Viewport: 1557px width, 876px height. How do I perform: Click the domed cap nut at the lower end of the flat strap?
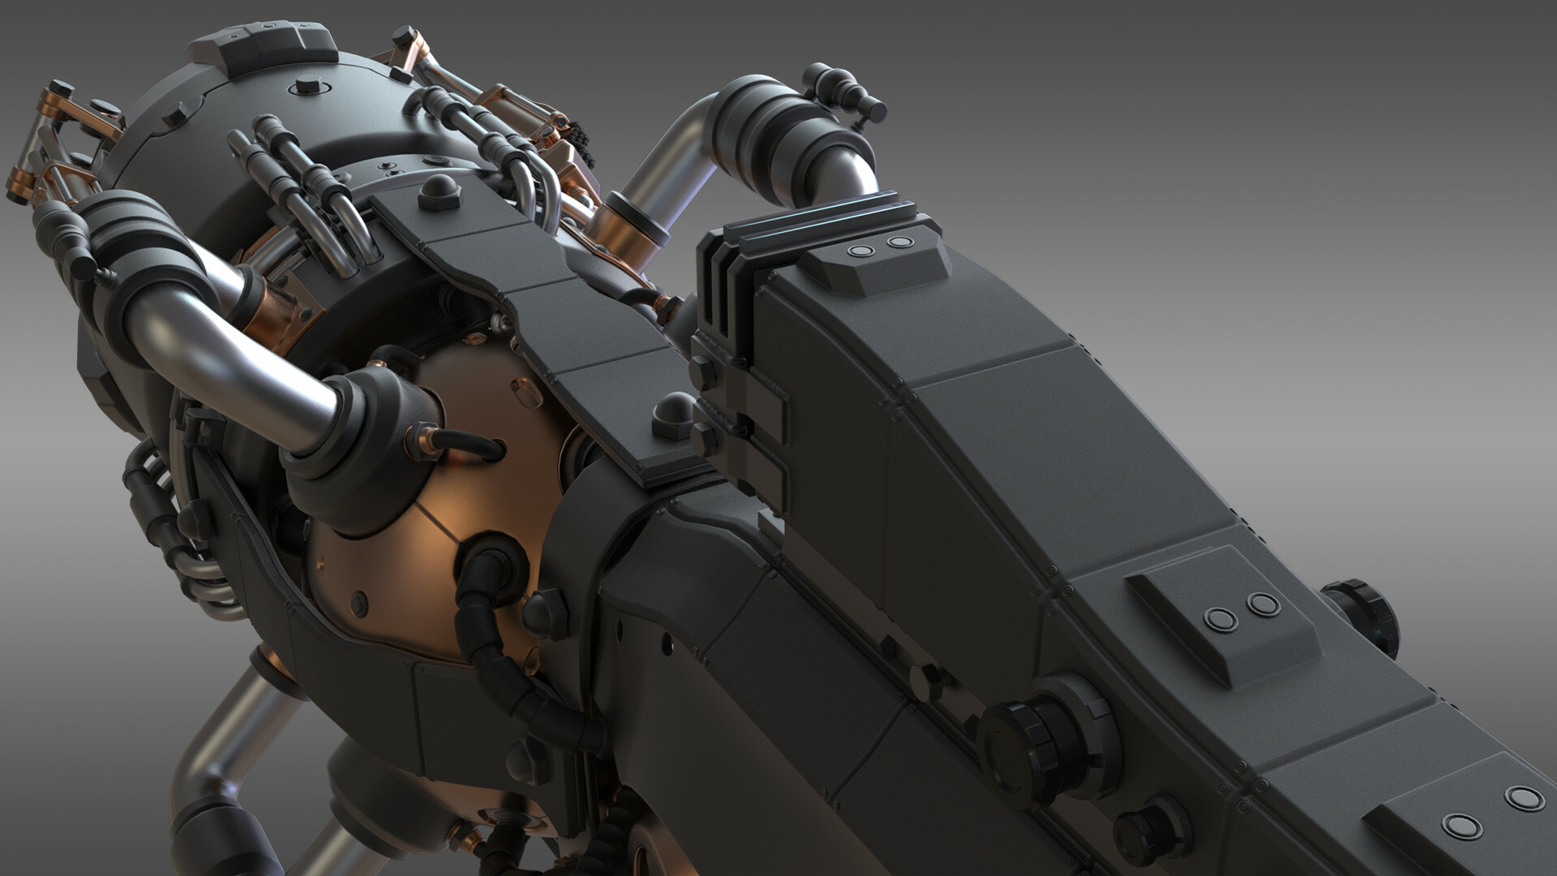click(672, 416)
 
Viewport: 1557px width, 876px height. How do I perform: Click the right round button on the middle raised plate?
click(1262, 604)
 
